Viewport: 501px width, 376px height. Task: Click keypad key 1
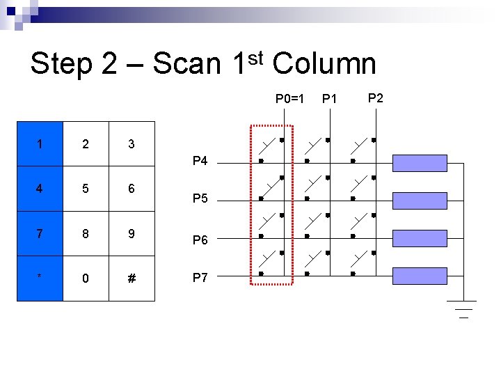click(40, 145)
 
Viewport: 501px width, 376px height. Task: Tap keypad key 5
click(85, 189)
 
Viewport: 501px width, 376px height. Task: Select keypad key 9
click(131, 234)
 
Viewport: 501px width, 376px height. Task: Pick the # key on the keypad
click(131, 279)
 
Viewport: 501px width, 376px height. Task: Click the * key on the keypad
click(40, 279)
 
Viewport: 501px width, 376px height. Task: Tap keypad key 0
click(85, 279)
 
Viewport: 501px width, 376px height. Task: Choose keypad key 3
click(131, 145)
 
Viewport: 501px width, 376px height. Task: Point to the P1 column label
click(329, 99)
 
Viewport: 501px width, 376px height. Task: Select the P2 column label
click(375, 97)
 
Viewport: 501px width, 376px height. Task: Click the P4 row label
click(200, 162)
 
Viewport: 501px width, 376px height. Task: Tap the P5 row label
click(200, 199)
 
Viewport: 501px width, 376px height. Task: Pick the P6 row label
click(200, 240)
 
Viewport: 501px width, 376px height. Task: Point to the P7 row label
click(200, 278)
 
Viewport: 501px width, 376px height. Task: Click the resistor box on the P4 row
click(420, 162)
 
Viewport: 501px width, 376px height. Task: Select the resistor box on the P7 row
click(420, 276)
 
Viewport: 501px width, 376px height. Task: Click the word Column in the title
click(324, 64)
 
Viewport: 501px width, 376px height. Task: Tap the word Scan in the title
click(186, 64)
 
